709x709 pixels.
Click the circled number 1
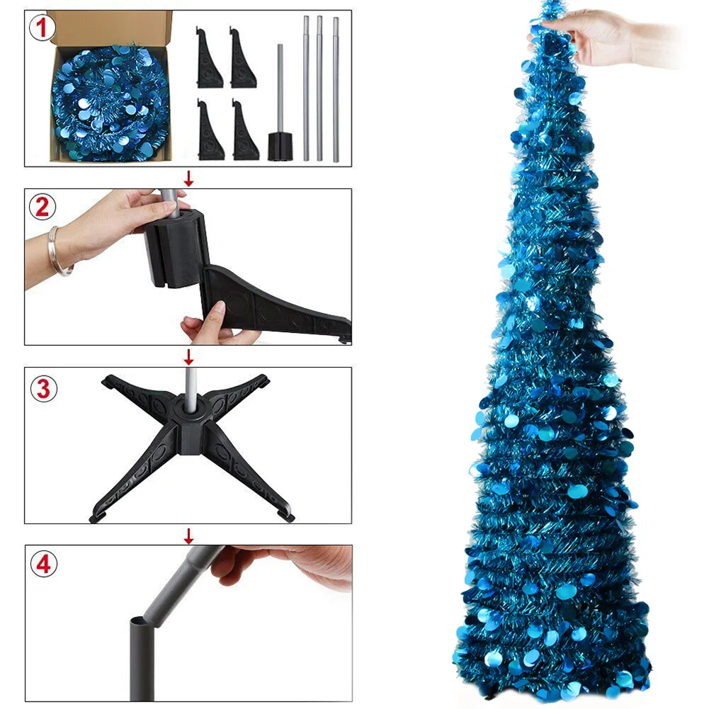[42, 28]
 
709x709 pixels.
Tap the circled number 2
[42, 207]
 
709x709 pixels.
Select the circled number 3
[43, 388]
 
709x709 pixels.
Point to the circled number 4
[43, 564]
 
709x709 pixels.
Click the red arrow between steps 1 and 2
[188, 178]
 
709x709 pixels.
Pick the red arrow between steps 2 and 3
[188, 357]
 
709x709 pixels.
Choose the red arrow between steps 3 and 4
[188, 535]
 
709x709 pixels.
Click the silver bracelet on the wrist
[58, 251]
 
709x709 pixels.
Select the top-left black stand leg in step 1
[209, 57]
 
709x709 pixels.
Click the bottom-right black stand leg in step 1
[246, 130]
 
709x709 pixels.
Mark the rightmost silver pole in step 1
[336, 89]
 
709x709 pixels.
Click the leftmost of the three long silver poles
[306, 89]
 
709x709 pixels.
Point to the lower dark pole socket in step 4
[142, 658]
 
